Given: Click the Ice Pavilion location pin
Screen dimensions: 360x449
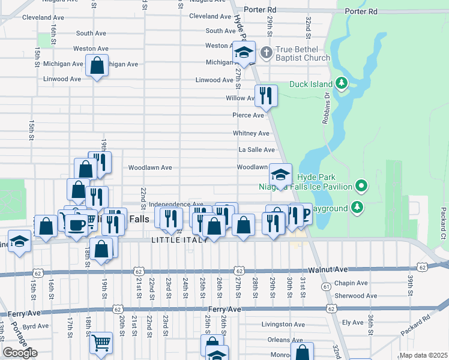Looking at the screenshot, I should pyautogui.click(x=360, y=186).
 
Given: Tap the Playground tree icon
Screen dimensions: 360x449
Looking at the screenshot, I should pyautogui.click(x=357, y=208).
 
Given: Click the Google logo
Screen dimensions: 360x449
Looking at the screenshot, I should pyautogui.click(x=20, y=353).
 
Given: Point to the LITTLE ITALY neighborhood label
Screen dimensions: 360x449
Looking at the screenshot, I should pyautogui.click(x=179, y=240).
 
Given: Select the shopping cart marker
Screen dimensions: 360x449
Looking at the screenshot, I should pyautogui.click(x=101, y=343).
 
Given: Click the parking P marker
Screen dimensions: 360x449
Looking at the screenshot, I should pyautogui.click(x=304, y=214).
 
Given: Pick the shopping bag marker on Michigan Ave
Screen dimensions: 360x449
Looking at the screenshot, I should pyautogui.click(x=97, y=65).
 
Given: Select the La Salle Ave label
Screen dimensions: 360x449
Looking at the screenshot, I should pyautogui.click(x=256, y=150).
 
